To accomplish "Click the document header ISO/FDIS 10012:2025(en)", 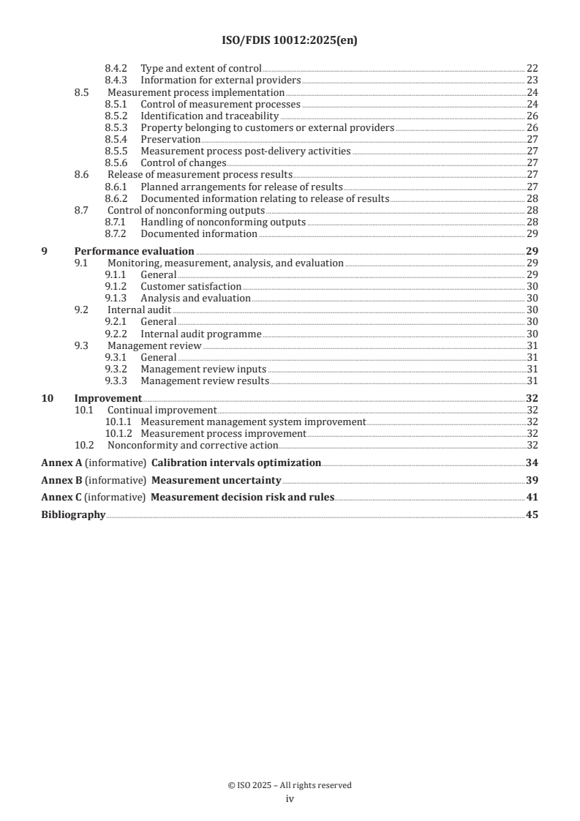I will click(290, 41).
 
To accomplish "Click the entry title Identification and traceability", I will click(209, 116).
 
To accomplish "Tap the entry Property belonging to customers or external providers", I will click(267, 127).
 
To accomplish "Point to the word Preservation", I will click(170, 139).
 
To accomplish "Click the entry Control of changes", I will click(183, 162).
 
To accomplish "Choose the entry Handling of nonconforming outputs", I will click(223, 222).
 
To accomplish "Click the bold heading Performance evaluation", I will click(135, 251).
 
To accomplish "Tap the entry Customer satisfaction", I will click(190, 287).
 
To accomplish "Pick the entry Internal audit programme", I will click(200, 334).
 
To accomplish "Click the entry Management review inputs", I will click(203, 369).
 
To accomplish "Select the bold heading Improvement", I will click(108, 398).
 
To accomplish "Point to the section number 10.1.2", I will click(119, 433).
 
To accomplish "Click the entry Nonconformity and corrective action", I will click(192, 445).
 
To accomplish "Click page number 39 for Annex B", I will click(532, 480).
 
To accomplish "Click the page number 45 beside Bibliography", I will click(532, 515).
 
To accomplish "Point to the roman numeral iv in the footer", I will click(290, 799).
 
